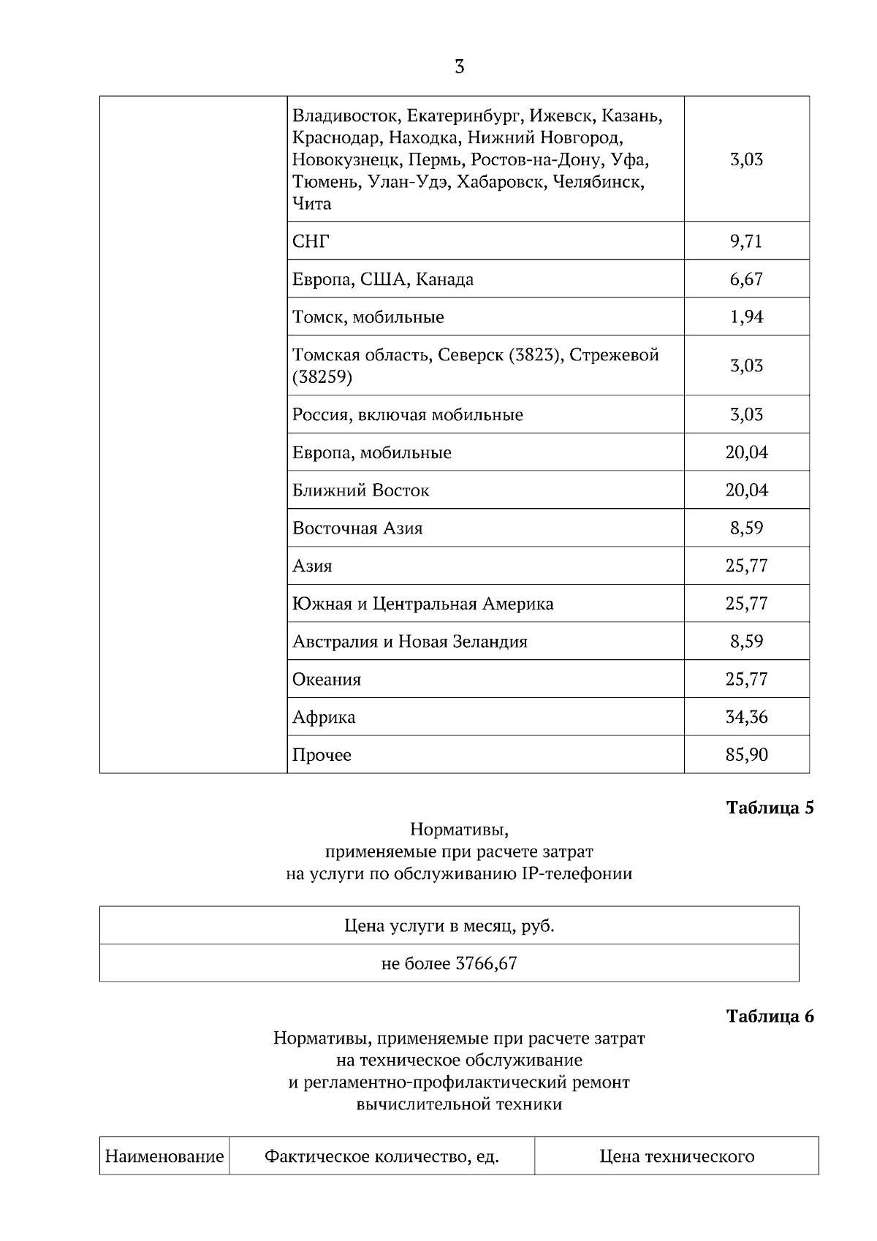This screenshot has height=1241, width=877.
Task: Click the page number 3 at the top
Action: coord(459,67)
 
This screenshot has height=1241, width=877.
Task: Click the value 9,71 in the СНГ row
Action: coord(746,241)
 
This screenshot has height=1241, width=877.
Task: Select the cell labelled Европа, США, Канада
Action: coord(383,279)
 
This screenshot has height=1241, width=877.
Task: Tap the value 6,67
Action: coord(746,279)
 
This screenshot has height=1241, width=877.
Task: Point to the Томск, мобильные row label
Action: coord(368,317)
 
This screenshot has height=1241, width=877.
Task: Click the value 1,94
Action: coord(746,317)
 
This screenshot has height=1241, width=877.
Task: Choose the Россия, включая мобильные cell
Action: coord(408,415)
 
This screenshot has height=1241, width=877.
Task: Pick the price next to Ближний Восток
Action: coord(746,490)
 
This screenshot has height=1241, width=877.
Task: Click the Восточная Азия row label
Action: coord(357,528)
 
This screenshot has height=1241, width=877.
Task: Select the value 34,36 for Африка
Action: coord(746,717)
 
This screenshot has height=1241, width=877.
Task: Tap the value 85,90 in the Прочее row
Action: coord(746,755)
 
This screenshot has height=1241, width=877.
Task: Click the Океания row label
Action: coord(327,680)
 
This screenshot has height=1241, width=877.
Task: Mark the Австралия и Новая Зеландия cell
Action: coord(410,642)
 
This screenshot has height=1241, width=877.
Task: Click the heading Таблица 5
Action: coord(770,808)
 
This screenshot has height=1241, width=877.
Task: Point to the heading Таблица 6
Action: coord(770,1016)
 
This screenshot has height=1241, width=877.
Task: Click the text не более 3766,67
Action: coord(449,963)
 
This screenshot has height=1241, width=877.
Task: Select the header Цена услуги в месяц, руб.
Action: coord(449,926)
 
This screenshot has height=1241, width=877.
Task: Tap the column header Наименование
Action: coord(164,1156)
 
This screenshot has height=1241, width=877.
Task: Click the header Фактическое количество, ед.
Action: coord(381,1156)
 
